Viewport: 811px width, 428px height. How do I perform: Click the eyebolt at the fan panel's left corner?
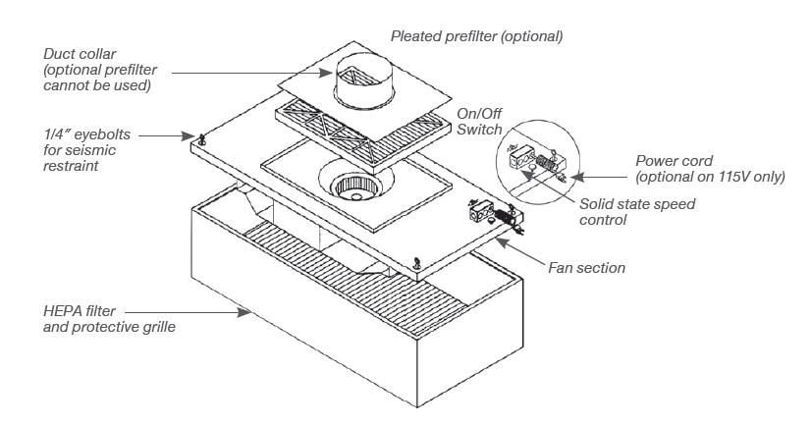[x=201, y=138]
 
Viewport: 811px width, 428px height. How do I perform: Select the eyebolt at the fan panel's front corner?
[x=417, y=261]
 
